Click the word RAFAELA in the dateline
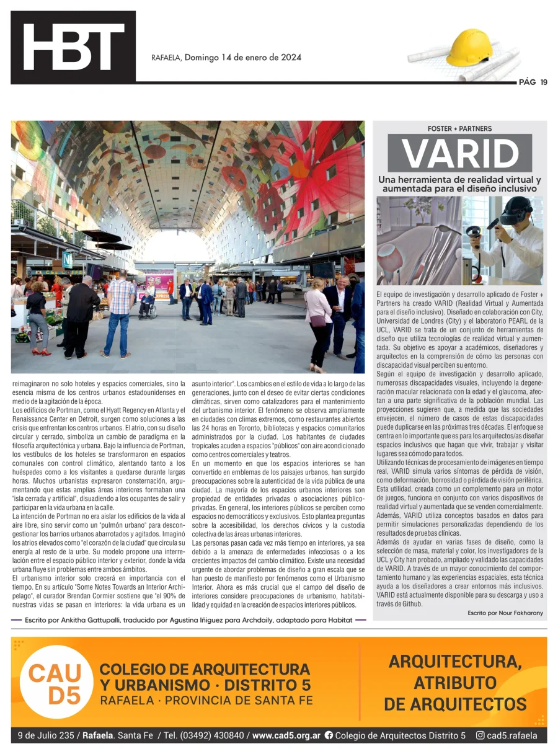pyautogui.click(x=166, y=58)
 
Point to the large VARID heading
pyautogui.click(x=460, y=153)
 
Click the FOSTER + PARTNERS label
pyautogui.click(x=459, y=129)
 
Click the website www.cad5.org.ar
pyautogui.click(x=286, y=736)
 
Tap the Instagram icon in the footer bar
pyautogui.click(x=480, y=736)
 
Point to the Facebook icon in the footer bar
pyautogui.click(x=329, y=736)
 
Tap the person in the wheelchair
pyautogui.click(x=148, y=303)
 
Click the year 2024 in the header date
pyautogui.click(x=290, y=58)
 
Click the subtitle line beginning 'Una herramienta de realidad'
pyautogui.click(x=459, y=179)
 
